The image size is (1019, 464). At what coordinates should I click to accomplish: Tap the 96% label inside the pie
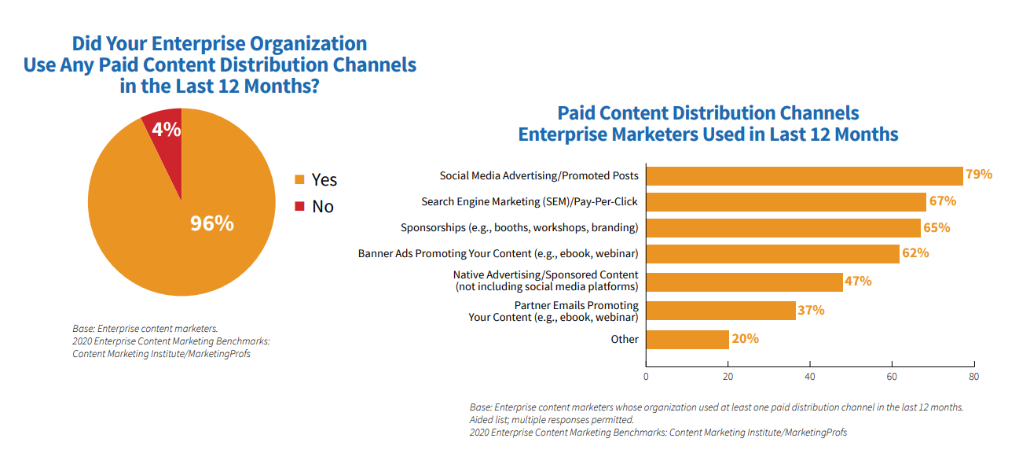tap(212, 223)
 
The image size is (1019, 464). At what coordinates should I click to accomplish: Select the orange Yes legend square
tap(299, 180)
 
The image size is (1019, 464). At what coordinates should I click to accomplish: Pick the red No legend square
tap(299, 207)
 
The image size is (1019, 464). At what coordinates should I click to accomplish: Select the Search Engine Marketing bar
tap(786, 202)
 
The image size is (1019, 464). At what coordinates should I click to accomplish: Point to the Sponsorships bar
tap(783, 228)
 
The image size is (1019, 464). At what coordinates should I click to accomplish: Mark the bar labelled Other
tap(687, 339)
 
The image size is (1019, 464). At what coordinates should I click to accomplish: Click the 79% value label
tap(979, 175)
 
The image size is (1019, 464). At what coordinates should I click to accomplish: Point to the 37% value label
tap(812, 311)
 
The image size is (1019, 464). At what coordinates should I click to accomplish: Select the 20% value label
tap(746, 339)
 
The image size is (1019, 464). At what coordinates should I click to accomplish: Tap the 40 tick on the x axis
tap(810, 377)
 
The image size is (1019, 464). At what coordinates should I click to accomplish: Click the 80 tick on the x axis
tap(974, 377)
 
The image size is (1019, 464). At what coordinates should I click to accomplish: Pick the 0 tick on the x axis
tap(646, 377)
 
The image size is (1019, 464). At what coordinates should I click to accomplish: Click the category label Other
tap(625, 340)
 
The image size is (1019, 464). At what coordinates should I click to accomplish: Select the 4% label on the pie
tap(167, 129)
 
